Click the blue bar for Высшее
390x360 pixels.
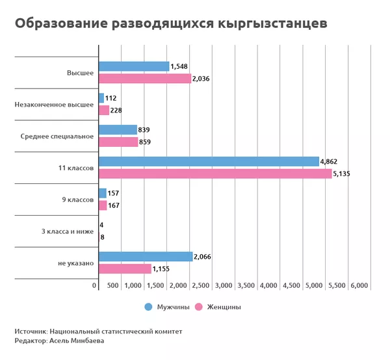133,66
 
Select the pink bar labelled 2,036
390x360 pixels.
145,79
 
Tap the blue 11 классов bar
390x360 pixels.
209,162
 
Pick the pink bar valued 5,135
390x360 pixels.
215,174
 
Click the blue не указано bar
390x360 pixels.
146,257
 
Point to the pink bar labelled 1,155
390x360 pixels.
125,268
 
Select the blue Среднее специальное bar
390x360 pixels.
118,129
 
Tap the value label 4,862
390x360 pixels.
329,161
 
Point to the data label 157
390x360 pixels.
114,193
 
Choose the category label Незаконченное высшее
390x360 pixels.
55,104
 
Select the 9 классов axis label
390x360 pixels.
77,199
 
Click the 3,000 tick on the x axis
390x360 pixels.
223,286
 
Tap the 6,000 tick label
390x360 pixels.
359,286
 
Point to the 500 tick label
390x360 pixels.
112,286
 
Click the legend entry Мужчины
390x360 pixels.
167,307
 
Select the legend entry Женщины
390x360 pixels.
219,307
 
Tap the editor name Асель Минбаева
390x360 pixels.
77,341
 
